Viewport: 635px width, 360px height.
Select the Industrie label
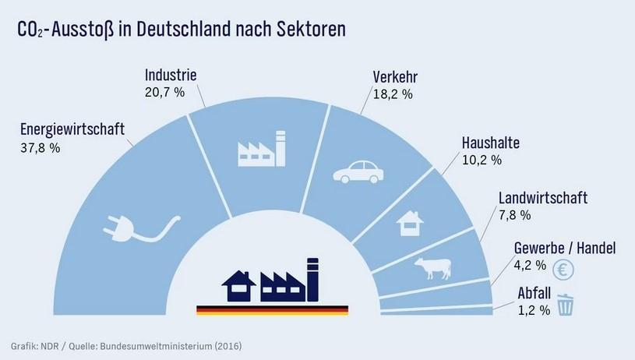coord(171,76)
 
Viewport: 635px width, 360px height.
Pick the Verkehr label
coord(396,77)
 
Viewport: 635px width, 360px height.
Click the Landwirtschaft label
coord(542,198)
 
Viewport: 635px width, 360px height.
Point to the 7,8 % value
coord(514,214)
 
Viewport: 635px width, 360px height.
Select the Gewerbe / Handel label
coord(565,249)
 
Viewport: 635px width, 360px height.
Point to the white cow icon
coord(432,266)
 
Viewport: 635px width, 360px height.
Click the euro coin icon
coord(563,270)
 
